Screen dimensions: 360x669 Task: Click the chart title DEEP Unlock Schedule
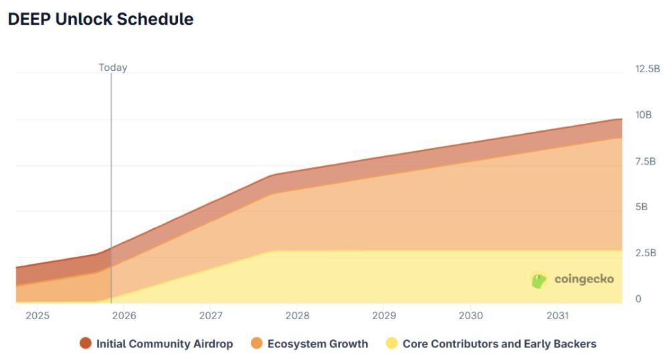[x=100, y=19]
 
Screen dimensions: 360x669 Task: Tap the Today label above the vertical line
[x=112, y=68]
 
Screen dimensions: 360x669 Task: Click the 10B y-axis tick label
[x=644, y=115]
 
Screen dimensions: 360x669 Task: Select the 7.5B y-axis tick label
[x=646, y=161]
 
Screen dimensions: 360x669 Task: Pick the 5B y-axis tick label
[x=642, y=207]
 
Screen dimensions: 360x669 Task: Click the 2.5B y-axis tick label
[x=646, y=253]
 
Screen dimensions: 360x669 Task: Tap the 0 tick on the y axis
[x=638, y=299]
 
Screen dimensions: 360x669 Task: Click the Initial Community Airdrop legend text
[x=165, y=344]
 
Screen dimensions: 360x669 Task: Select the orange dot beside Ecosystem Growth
[x=256, y=344]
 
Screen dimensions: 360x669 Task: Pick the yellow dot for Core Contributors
[x=391, y=344]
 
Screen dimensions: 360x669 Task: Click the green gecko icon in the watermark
[x=539, y=280]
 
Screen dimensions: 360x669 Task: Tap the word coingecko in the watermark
[x=583, y=280]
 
